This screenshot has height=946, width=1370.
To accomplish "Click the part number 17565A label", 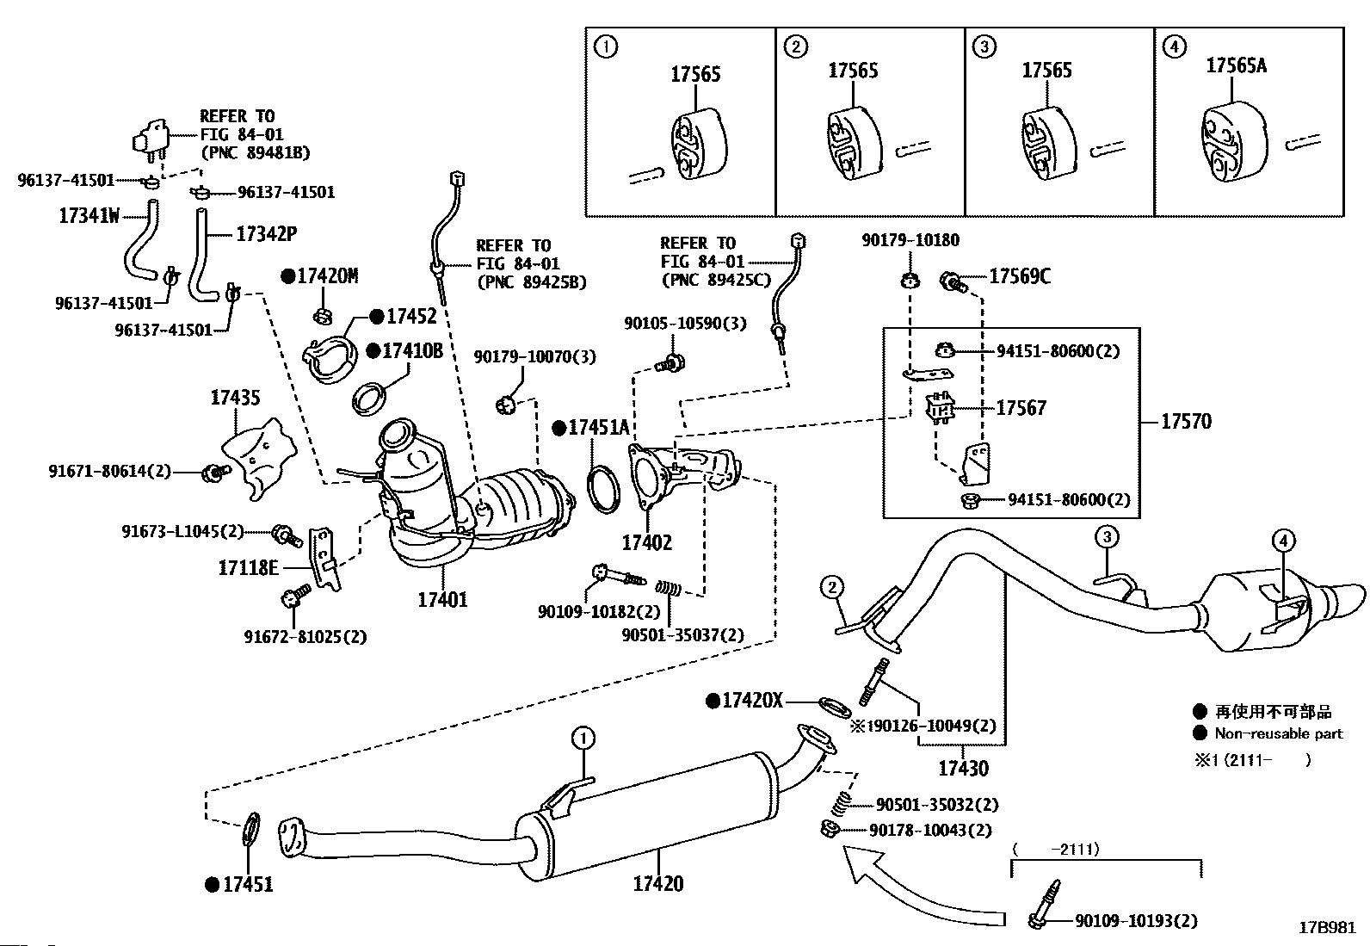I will point(1236,65).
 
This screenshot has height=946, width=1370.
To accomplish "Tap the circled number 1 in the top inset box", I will point(606,46).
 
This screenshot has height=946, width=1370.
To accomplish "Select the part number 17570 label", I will point(1186,421).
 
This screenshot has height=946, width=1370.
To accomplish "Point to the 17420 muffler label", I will point(658,883).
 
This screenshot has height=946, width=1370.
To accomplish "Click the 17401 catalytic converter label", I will point(442,599).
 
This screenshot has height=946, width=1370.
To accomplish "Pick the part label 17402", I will point(647,542).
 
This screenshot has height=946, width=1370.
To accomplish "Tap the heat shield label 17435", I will point(235,398).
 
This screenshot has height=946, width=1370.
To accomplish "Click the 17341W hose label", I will point(89,216).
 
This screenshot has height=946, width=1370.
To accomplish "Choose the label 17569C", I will point(1020,276).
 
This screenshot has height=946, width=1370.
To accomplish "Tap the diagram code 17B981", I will point(1327,927).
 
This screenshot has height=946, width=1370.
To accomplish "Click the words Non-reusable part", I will point(1278,733).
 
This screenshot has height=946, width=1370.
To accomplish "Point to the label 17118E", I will point(248,567).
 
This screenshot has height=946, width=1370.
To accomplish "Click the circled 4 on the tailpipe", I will point(1282,541).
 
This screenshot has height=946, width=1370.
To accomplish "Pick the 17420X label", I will point(752,701).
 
